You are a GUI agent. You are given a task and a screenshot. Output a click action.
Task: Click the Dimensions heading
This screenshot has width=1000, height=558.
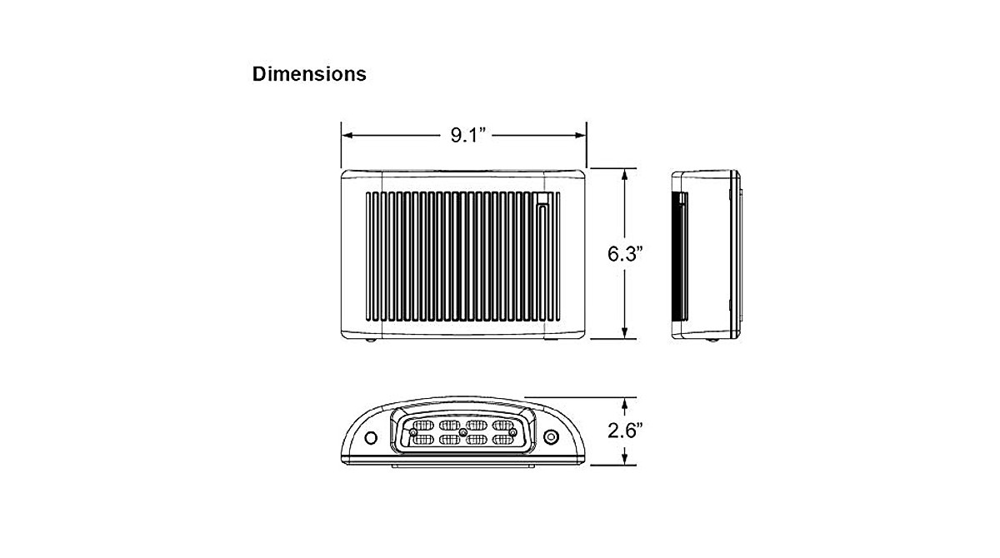click(x=309, y=74)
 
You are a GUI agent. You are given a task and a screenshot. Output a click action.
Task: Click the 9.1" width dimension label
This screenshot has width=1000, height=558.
click(x=467, y=135)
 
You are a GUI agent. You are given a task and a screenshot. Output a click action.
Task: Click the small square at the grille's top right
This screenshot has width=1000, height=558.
click(x=542, y=198)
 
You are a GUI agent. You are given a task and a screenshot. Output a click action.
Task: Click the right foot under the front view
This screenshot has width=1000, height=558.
click(x=550, y=341)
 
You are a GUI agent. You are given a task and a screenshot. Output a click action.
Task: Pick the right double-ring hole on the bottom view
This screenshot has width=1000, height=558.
click(x=550, y=436)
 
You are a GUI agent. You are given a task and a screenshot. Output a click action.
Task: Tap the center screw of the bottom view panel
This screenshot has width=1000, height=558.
click(x=463, y=433)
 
